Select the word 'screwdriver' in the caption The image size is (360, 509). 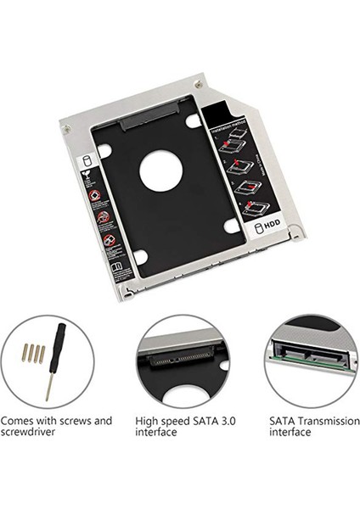[x=30, y=432]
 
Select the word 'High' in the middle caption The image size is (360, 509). [x=148, y=420]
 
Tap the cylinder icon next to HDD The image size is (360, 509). [x=256, y=228]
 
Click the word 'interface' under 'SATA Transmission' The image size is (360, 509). [x=291, y=432]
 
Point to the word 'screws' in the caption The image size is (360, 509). [x=72, y=420]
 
